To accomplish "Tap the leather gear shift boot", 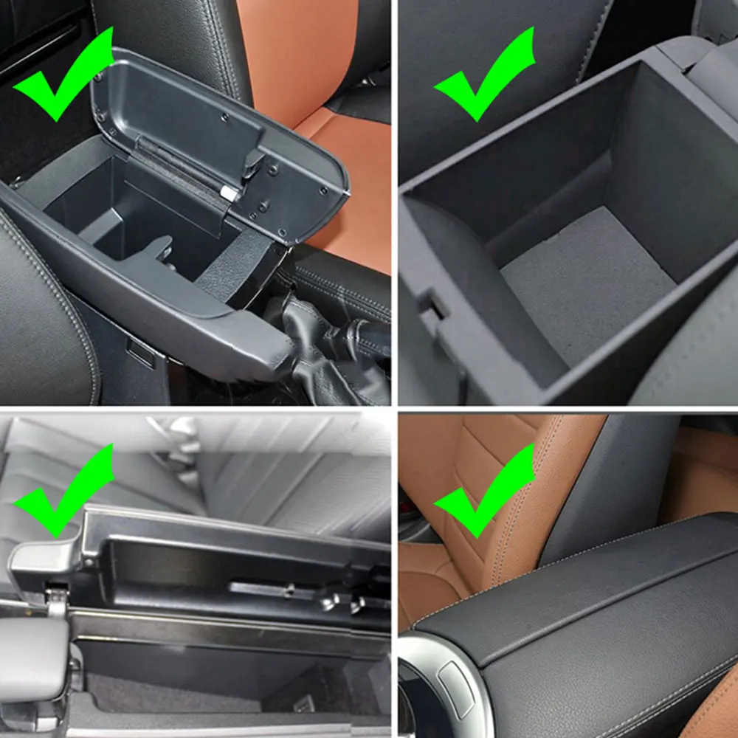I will (325, 354).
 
